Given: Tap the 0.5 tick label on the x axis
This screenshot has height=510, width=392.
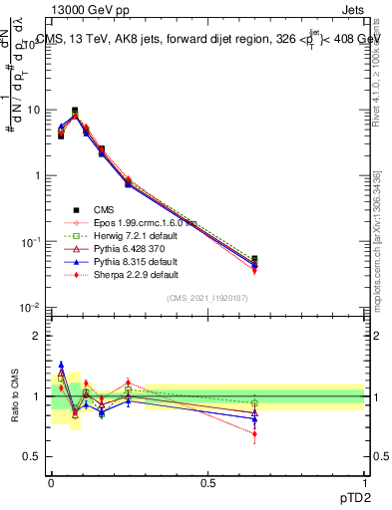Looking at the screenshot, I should coord(207,481).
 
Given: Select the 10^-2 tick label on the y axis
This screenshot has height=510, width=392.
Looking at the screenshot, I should coord(30,309).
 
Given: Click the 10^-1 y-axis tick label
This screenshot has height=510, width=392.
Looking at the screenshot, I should coord(30,242).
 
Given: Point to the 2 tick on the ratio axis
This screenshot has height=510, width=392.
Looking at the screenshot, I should coord(40,336).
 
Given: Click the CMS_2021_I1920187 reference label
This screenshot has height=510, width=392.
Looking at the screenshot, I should coord(207,299).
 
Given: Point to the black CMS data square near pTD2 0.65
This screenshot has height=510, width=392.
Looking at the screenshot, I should coord(255,259).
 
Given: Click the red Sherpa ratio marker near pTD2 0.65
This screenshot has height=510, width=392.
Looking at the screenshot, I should coord(255,434).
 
